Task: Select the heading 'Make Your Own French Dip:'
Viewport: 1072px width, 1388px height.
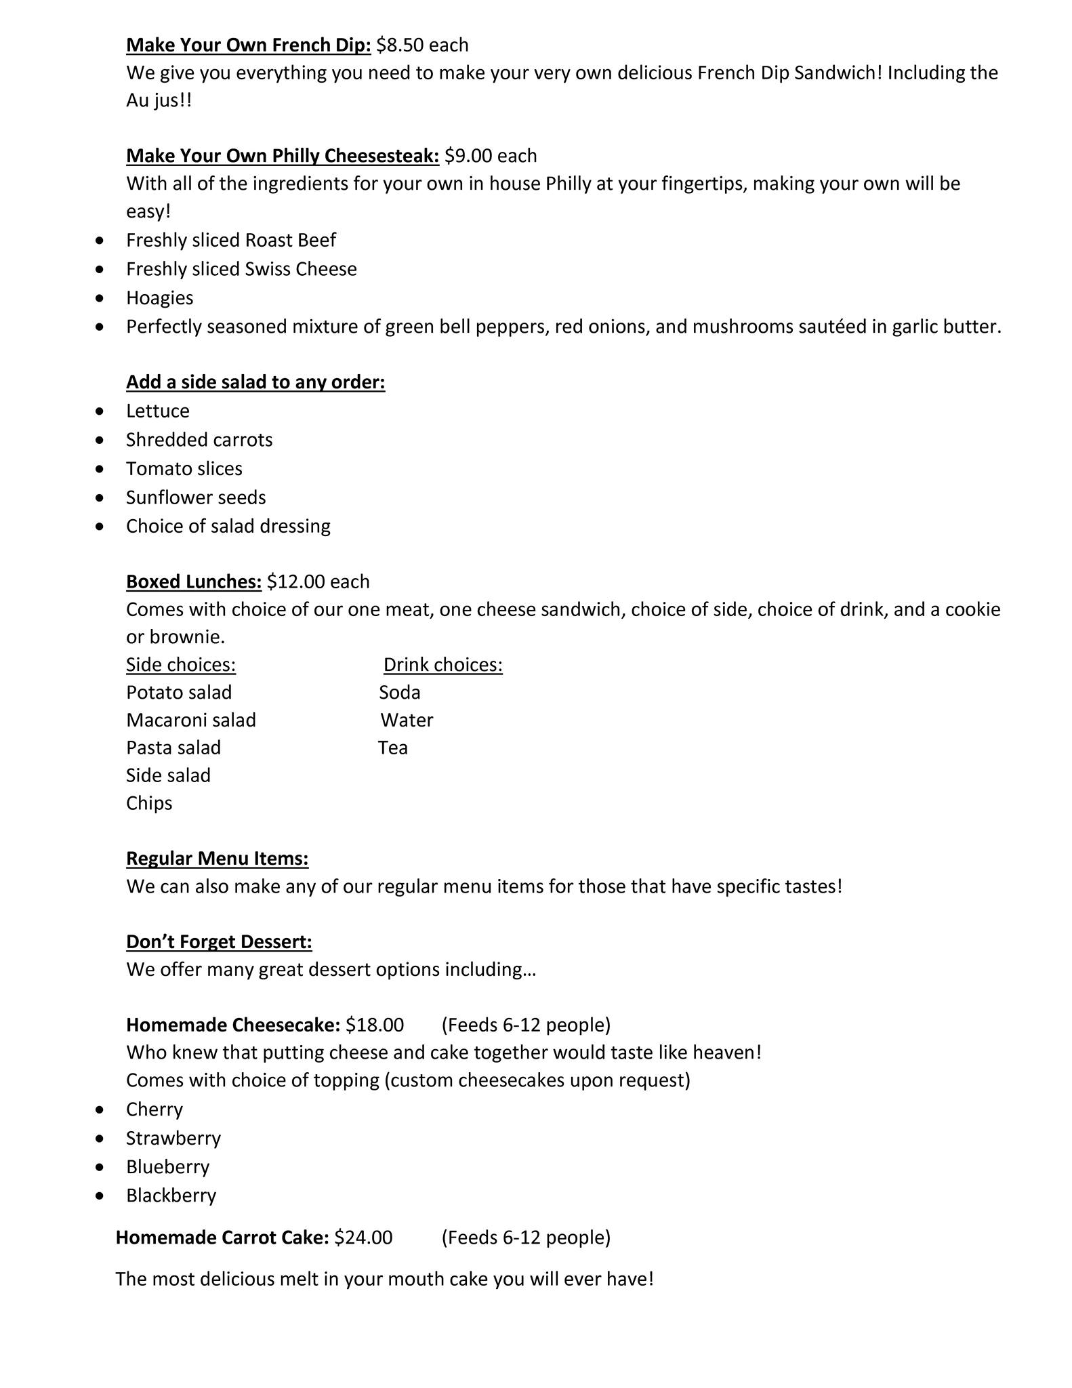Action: tap(249, 45)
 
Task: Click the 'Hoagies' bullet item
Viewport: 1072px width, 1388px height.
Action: tap(160, 298)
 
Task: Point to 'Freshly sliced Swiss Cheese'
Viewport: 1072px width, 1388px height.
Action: tap(241, 269)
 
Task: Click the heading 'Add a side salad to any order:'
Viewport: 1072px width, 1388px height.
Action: tap(255, 382)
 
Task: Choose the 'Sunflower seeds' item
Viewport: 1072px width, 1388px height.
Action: tap(196, 497)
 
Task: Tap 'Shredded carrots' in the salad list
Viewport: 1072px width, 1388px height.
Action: tap(199, 440)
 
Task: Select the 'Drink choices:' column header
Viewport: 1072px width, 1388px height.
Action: tap(443, 665)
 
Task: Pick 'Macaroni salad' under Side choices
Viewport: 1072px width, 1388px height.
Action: tap(191, 720)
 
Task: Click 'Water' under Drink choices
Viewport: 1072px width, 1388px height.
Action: tap(407, 720)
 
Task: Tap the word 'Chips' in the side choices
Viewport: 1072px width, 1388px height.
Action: tap(149, 803)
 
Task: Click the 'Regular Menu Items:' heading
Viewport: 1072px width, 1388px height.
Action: tap(218, 859)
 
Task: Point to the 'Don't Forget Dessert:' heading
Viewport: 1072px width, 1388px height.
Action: tap(219, 942)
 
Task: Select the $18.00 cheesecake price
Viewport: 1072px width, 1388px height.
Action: tap(375, 1025)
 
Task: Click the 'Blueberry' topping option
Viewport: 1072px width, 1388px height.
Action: tap(168, 1167)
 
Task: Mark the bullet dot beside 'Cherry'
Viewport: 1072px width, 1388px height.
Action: tap(100, 1109)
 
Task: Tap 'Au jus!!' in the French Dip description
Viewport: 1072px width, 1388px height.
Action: tap(159, 101)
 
